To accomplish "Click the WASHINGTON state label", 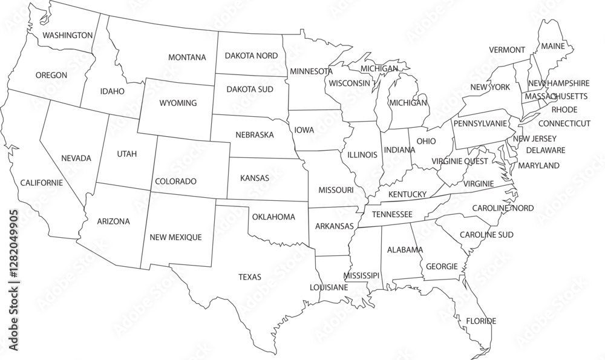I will (x=67, y=35).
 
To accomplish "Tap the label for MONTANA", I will (x=187, y=57).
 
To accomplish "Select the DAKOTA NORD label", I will (x=251, y=56).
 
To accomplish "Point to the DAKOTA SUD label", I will (x=250, y=89).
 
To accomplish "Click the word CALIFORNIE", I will (x=41, y=182).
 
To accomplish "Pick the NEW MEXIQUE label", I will (x=175, y=237).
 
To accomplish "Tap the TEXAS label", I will (x=250, y=277).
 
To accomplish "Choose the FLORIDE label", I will (x=481, y=321).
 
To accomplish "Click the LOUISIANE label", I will (x=329, y=287).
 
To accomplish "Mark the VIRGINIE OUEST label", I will (x=460, y=162).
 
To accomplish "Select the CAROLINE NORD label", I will (x=503, y=208).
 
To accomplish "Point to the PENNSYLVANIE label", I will (x=480, y=123).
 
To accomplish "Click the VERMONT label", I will (x=507, y=50).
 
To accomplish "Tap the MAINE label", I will (x=552, y=46).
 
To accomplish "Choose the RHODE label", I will (x=564, y=110).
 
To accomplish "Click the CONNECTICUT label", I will (x=564, y=123).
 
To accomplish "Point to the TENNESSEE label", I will (x=392, y=214).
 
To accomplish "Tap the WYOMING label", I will (x=178, y=103).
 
